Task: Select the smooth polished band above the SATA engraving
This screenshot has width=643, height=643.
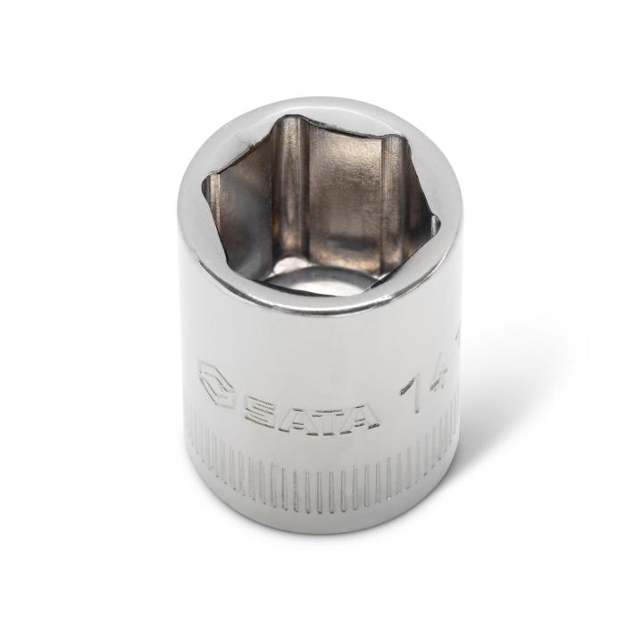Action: click(x=321, y=344)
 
